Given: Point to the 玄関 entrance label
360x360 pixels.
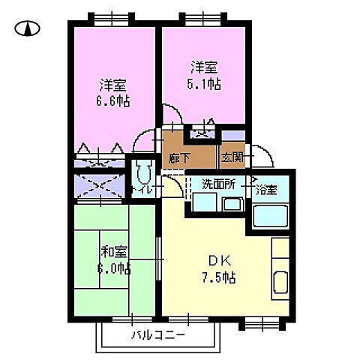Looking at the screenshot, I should pyautogui.click(x=231, y=158).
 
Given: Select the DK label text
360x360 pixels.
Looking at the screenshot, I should pyautogui.click(x=218, y=261).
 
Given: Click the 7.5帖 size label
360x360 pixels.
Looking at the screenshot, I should pyautogui.click(x=219, y=277).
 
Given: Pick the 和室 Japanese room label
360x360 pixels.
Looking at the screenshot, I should pyautogui.click(x=109, y=250).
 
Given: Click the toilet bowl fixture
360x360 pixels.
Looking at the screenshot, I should pyautogui.click(x=141, y=174).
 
